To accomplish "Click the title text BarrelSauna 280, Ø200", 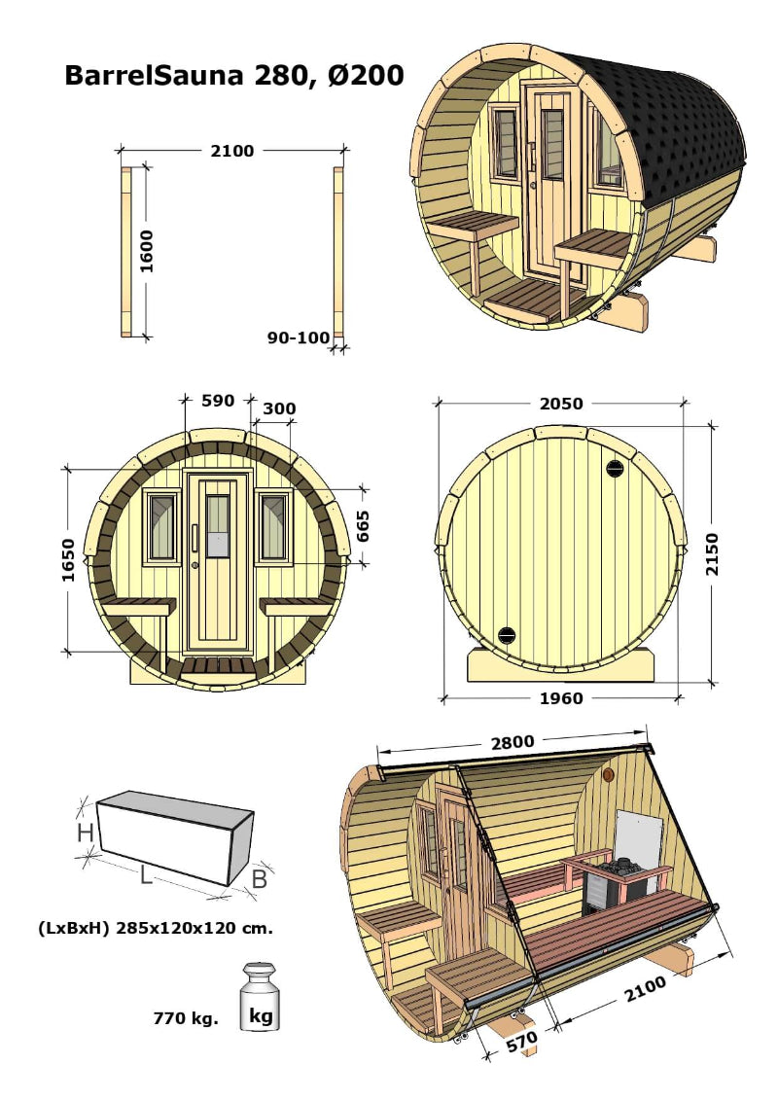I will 233,75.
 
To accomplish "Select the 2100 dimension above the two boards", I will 231,151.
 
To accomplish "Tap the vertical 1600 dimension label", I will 147,252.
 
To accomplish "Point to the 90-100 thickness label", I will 298,337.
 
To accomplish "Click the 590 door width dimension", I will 217,401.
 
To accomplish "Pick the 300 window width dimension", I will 279,408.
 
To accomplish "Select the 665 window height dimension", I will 362,525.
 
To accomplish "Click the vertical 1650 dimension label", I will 68,559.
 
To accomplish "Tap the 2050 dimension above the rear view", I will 562,404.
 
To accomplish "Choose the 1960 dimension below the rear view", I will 560,698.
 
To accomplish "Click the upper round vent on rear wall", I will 615,468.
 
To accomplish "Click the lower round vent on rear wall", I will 506,635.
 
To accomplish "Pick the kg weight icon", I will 260,996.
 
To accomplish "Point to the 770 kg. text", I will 186,1019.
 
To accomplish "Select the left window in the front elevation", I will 161,526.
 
